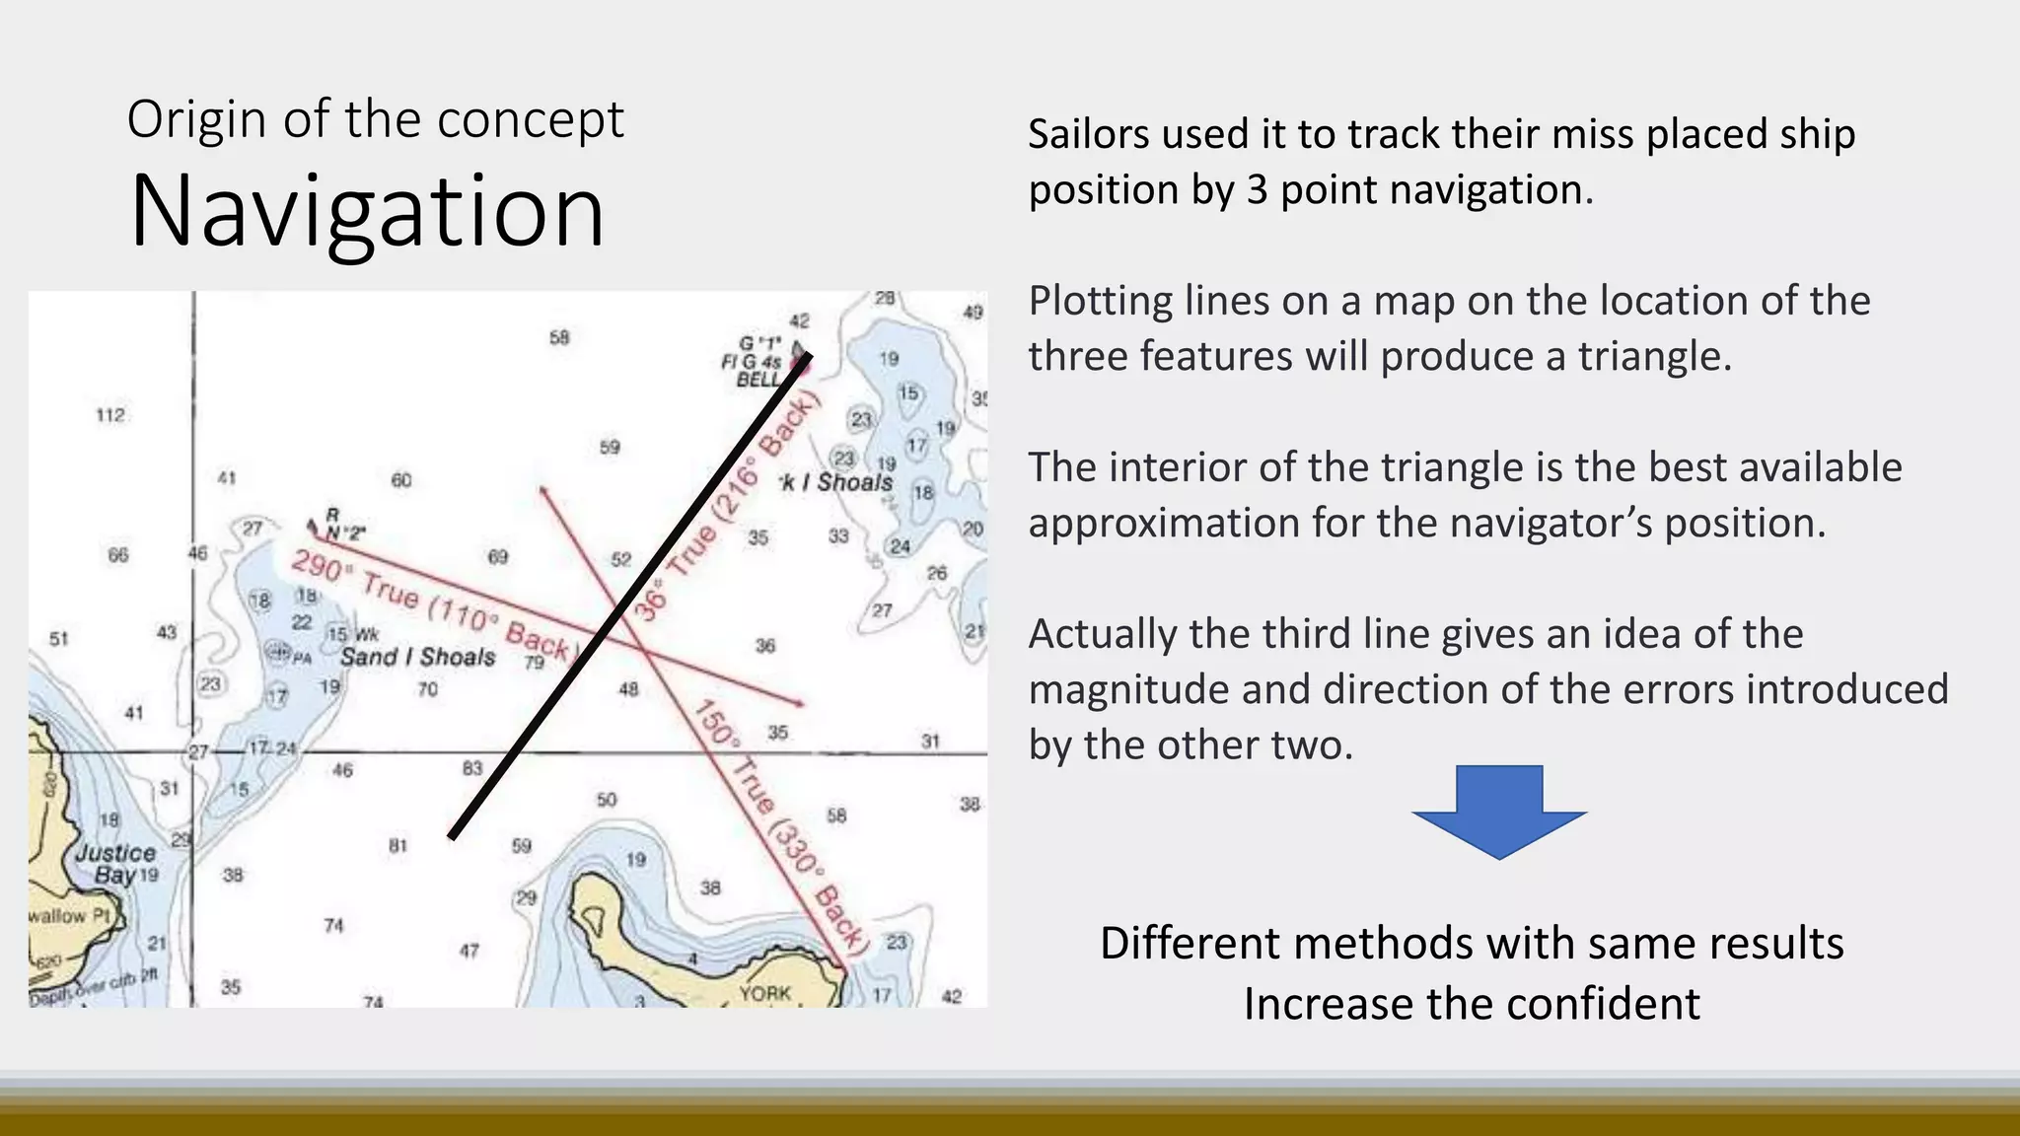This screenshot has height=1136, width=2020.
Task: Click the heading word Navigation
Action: [366, 211]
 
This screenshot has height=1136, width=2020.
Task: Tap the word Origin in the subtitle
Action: [196, 119]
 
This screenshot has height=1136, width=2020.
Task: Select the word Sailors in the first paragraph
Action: [1089, 134]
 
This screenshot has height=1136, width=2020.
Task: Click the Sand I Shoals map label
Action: [417, 657]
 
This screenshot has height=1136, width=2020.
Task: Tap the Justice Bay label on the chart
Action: [115, 864]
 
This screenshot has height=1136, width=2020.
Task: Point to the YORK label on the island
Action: [764, 993]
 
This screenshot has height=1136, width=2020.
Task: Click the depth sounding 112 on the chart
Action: [110, 415]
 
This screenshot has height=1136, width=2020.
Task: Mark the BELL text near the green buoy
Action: [757, 380]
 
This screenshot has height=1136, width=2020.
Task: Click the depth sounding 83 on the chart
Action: [472, 767]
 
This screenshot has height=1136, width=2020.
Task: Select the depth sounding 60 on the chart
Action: [401, 480]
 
